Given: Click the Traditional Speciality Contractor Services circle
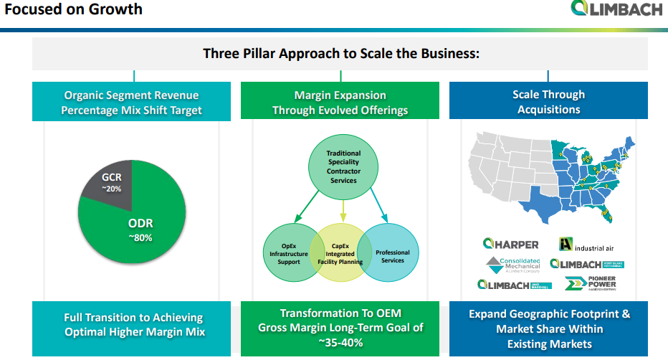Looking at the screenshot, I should coord(343,166).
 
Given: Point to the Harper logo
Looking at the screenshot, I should coord(510,244).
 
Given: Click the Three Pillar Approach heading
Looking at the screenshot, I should coord(340,54).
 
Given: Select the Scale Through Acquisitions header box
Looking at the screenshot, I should coord(548,101).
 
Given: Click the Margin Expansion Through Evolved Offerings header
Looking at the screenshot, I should coord(340,102).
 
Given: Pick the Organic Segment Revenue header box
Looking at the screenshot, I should coord(131,102).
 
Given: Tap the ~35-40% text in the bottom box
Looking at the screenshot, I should coord(340,343).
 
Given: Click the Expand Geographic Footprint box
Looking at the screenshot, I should coord(549,328).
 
